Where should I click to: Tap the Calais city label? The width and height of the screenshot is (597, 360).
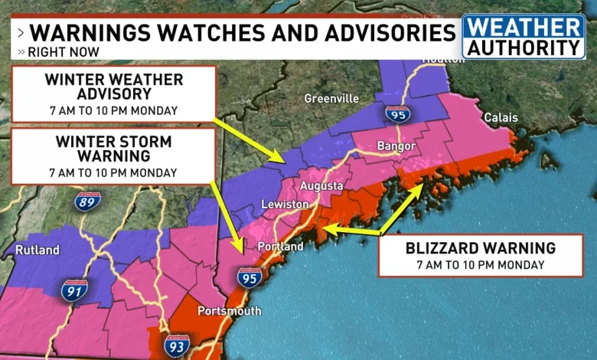(501, 118)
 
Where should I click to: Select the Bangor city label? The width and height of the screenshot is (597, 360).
(396, 146)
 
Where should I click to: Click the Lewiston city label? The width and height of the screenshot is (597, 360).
(285, 205)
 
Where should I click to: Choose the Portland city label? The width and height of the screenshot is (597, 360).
(281, 247)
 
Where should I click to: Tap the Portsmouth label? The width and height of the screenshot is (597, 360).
(229, 311)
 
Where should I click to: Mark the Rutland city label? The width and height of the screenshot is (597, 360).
(37, 250)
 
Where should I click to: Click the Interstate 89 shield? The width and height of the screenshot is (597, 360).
(86, 201)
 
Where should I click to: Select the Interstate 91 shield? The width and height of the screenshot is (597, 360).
(74, 290)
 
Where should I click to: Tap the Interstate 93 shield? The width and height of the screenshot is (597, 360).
(176, 346)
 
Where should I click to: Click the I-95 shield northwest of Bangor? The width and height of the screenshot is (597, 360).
(397, 114)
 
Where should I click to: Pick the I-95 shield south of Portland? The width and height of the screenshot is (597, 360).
(247, 277)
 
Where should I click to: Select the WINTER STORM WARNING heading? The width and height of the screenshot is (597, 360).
(113, 150)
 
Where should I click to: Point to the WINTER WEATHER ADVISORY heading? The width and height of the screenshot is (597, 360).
(113, 87)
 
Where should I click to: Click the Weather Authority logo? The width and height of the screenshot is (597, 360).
(524, 36)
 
